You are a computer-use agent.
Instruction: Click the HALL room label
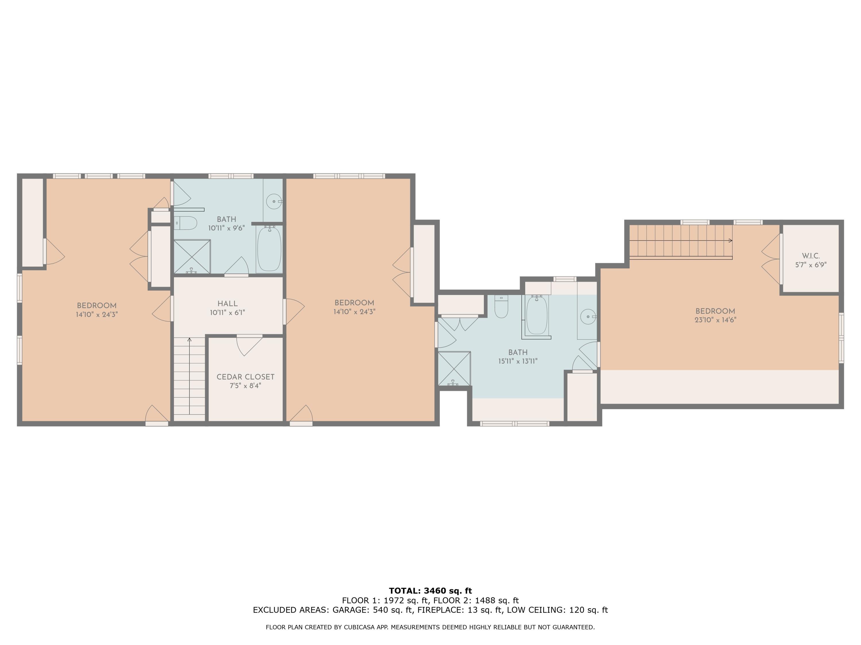click(227, 304)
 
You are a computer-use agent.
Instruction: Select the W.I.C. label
click(810, 256)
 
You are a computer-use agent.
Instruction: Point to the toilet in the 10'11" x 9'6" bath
click(185, 223)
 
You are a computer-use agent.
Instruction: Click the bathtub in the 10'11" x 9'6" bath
click(269, 249)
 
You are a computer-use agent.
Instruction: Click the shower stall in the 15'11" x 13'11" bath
click(454, 368)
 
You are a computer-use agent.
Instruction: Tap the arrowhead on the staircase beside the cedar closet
click(189, 340)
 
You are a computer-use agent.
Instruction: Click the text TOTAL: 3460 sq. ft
click(430, 591)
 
